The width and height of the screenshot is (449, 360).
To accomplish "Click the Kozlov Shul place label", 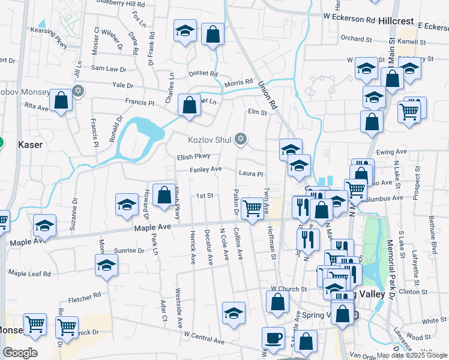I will point(209,140).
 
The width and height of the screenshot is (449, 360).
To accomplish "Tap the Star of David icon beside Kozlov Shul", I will point(241,140).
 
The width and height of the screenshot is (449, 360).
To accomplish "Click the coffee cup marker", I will point(274,337).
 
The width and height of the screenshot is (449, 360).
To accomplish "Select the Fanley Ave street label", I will point(206,170).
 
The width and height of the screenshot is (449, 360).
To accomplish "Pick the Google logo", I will point(20,353).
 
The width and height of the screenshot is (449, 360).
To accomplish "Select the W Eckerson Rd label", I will point(352,17).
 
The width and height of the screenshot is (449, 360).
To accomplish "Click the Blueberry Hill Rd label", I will point(119,3).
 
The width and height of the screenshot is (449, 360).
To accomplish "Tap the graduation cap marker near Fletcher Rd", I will point(106,265).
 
